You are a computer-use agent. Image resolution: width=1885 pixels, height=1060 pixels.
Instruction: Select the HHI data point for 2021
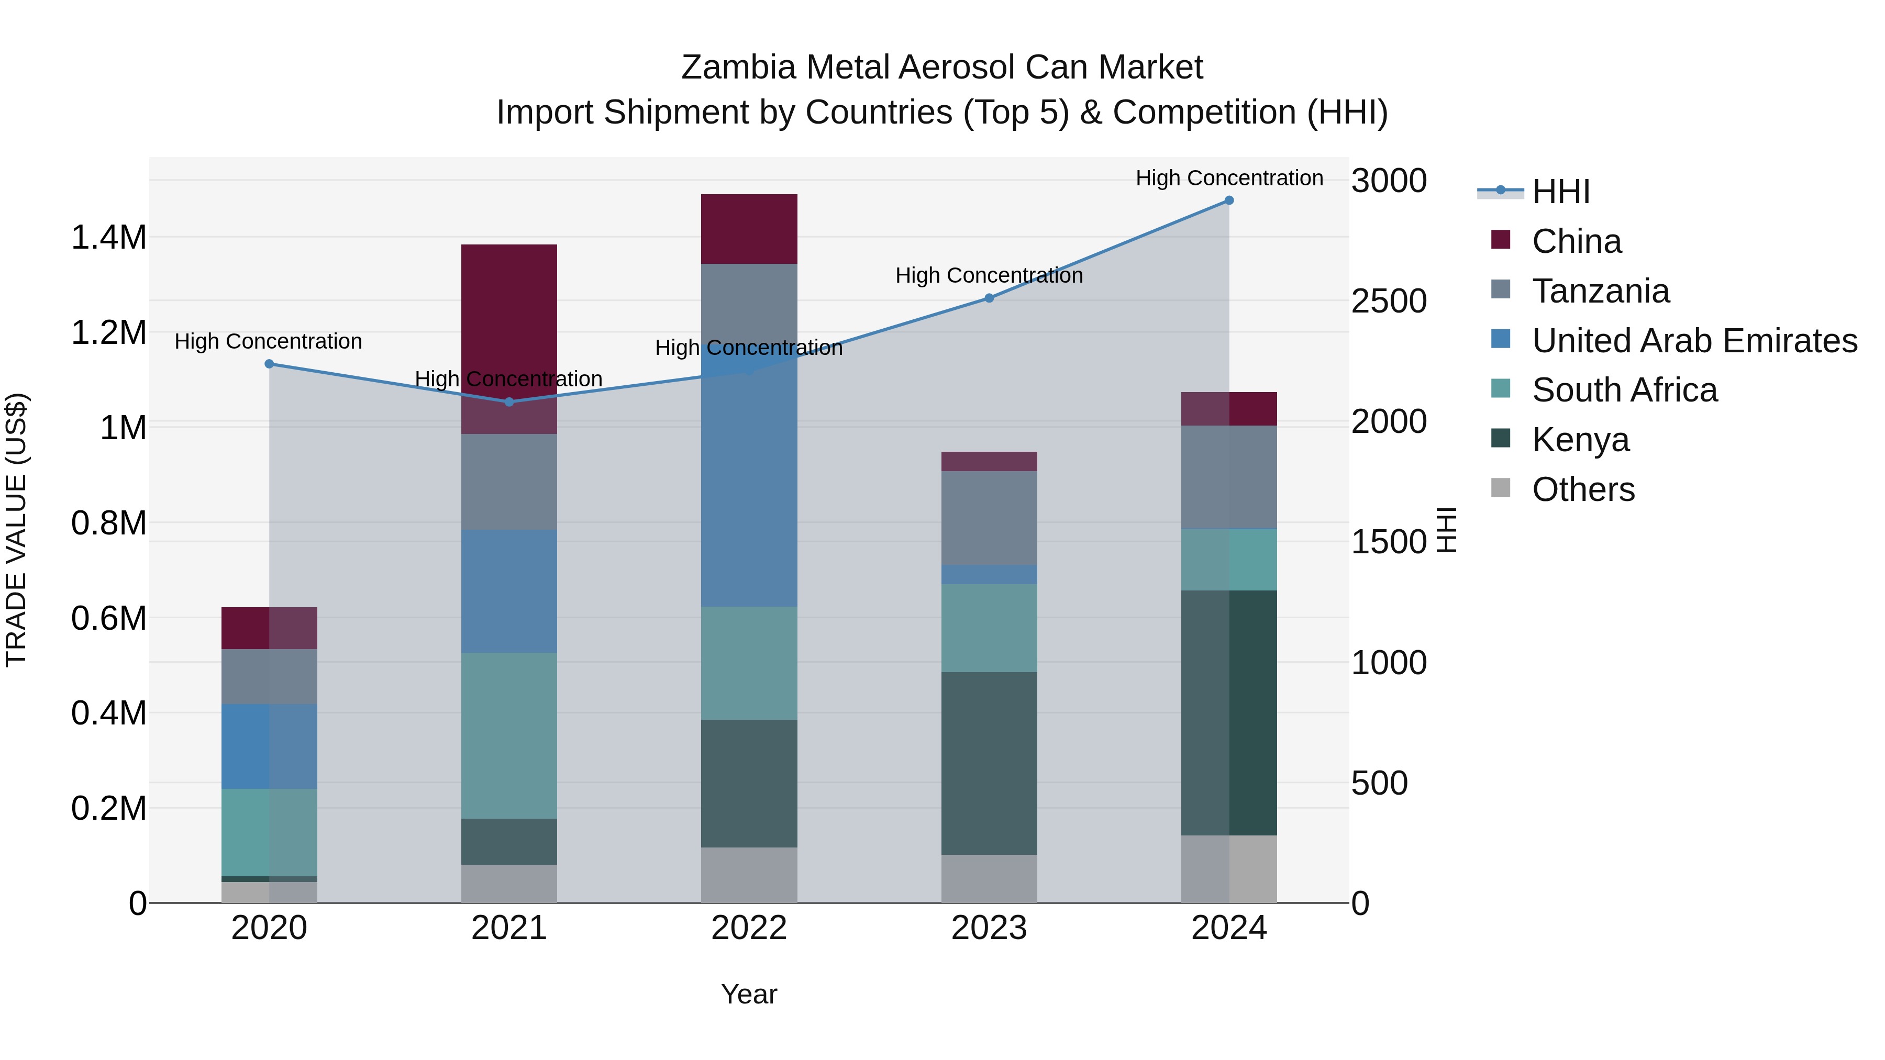pos(509,401)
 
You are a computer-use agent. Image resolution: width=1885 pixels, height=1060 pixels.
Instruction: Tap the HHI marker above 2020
pos(269,364)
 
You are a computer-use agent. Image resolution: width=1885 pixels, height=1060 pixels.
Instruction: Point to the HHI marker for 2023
pos(989,298)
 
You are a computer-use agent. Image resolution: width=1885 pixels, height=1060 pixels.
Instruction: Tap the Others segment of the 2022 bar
pos(749,875)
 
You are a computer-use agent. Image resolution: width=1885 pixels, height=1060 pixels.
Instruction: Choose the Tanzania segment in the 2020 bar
pos(269,677)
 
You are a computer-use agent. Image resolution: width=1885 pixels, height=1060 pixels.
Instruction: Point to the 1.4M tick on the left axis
pos(109,238)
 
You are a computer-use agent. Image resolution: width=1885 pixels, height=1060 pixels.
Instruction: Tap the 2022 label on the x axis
pos(749,928)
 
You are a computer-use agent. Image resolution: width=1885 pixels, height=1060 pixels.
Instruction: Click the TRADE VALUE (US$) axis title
pos(16,530)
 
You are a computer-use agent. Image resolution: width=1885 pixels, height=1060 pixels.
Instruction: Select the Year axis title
pos(749,994)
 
